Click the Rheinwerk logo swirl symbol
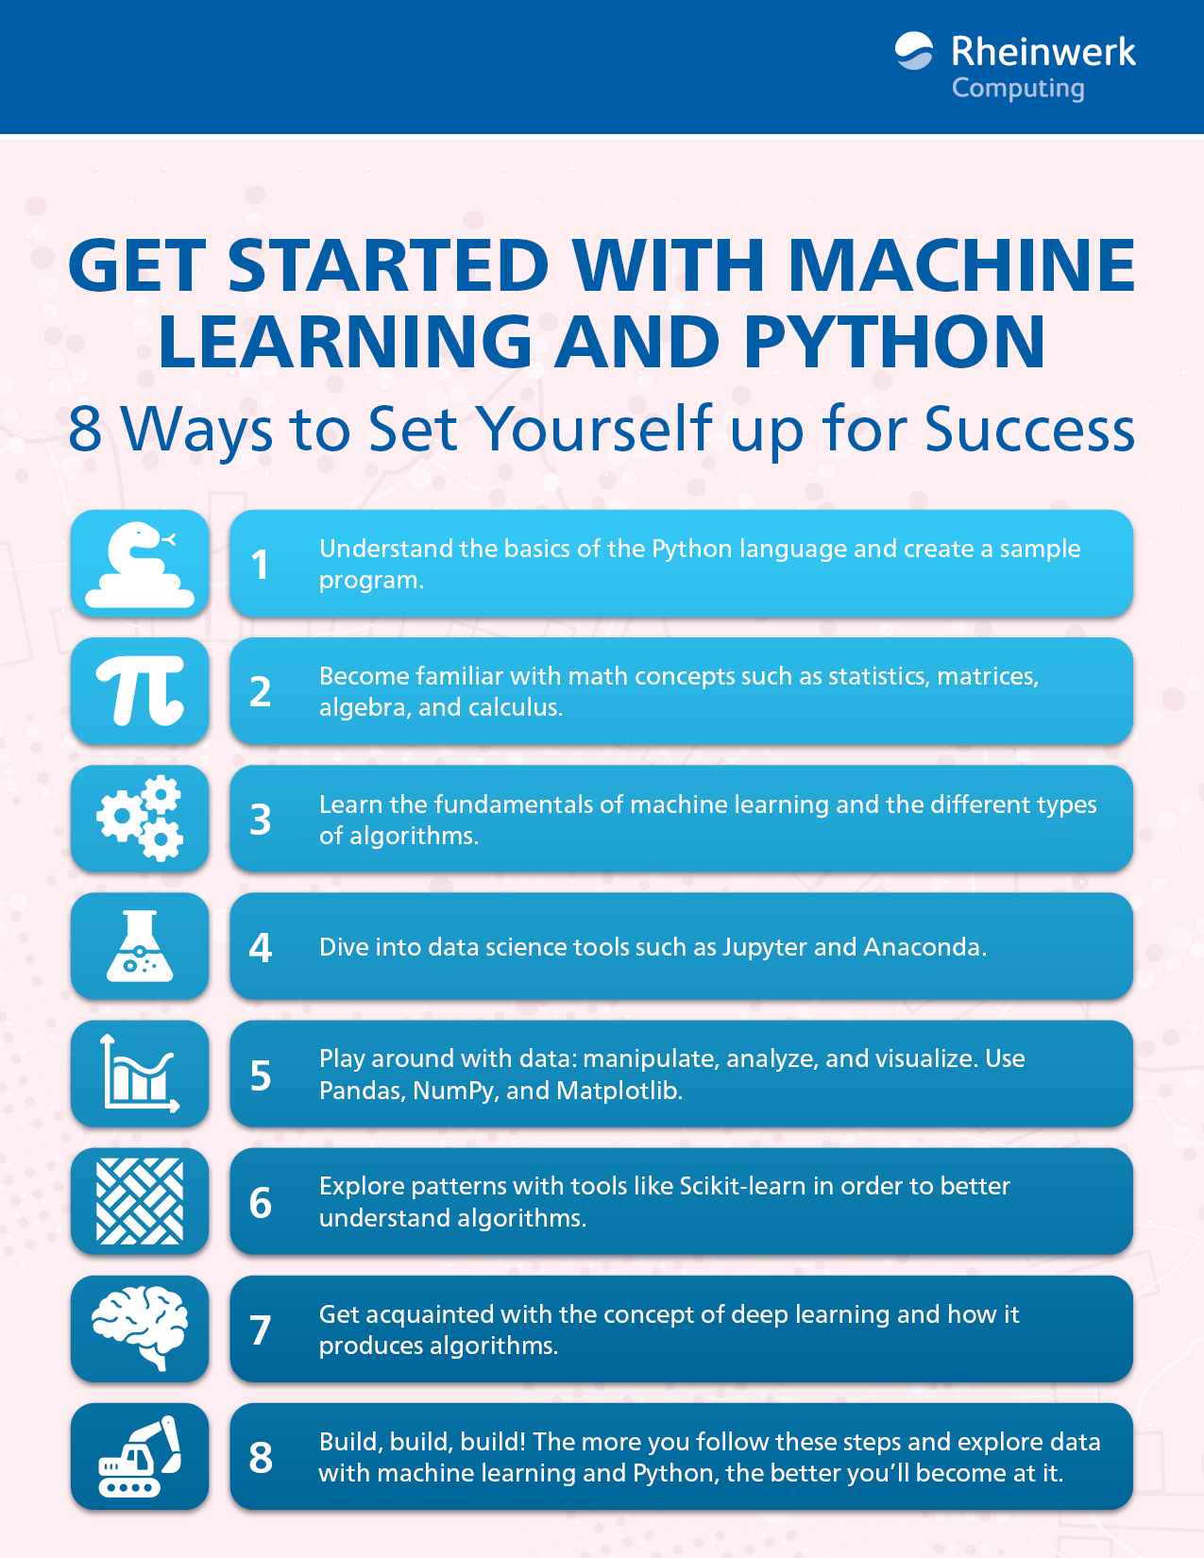(x=913, y=51)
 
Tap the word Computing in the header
(x=1018, y=88)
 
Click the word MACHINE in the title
(x=961, y=265)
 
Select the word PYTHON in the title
(x=894, y=342)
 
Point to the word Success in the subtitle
(x=1029, y=430)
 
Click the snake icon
(x=140, y=565)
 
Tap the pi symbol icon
(x=140, y=691)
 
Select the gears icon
(x=140, y=819)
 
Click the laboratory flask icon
(x=140, y=946)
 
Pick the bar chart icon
(x=140, y=1074)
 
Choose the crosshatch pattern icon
(x=140, y=1201)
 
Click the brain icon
(x=140, y=1329)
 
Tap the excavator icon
(x=140, y=1456)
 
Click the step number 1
(x=260, y=565)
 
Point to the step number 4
(x=260, y=947)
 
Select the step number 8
(x=261, y=1457)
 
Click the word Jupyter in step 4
(x=764, y=948)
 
